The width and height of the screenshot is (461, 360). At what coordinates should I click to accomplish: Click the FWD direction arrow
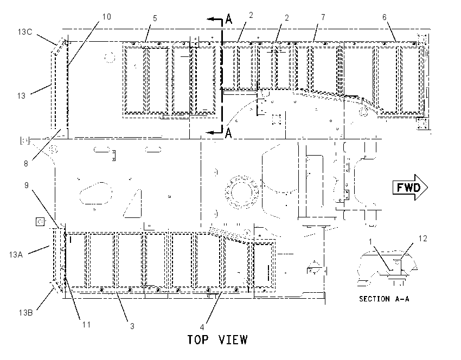click(410, 187)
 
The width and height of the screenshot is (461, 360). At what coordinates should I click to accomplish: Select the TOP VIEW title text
click(217, 340)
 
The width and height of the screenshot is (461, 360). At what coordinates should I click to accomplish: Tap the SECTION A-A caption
click(384, 299)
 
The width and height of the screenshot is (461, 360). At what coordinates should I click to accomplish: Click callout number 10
click(106, 16)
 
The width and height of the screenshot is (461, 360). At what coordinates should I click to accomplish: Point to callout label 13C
click(25, 31)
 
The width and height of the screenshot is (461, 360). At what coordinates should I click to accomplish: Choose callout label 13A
click(16, 254)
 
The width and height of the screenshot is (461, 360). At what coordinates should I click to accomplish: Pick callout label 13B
click(25, 312)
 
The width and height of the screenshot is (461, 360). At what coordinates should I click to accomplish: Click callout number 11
click(86, 324)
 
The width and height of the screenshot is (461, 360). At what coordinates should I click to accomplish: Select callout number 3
click(132, 326)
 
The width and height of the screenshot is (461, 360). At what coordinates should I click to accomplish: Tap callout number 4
click(202, 327)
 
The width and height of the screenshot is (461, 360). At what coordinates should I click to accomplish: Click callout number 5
click(155, 18)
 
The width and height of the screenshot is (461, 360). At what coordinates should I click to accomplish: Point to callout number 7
click(323, 17)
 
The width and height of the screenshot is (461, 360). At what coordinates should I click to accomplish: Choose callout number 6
click(385, 17)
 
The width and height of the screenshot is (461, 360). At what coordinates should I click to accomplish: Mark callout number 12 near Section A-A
click(422, 239)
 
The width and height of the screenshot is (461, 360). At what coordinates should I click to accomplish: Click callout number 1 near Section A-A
click(370, 241)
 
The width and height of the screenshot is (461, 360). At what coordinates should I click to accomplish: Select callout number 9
click(27, 185)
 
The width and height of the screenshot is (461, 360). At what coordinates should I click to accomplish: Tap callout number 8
click(26, 163)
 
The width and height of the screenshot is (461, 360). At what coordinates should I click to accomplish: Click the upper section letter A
click(228, 19)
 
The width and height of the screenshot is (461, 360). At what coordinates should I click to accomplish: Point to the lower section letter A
click(228, 133)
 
